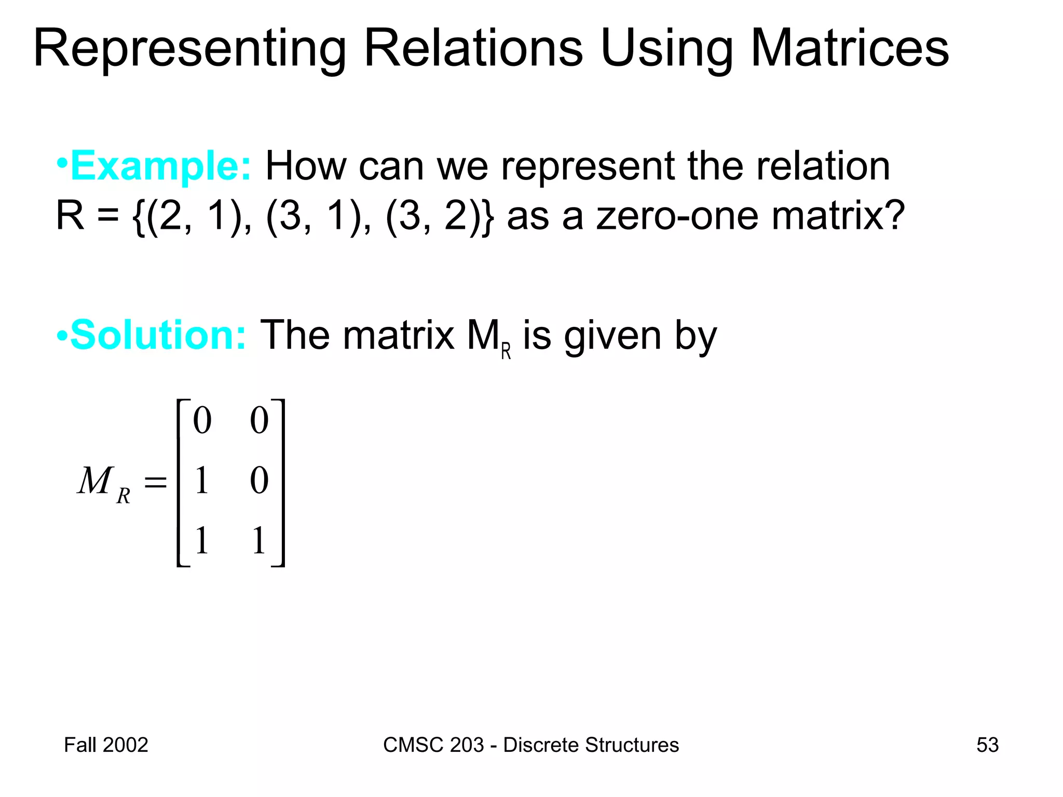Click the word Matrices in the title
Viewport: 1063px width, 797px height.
[850, 48]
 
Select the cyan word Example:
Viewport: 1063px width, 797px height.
[161, 166]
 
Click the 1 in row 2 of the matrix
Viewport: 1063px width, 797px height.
[202, 480]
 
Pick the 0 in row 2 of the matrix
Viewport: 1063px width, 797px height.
[259, 480]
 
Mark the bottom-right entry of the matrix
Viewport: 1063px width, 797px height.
[259, 541]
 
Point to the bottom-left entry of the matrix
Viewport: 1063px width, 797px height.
[202, 541]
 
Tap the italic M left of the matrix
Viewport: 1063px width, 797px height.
[95, 480]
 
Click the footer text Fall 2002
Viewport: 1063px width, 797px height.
[106, 745]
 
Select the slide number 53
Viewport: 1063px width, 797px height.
[987, 745]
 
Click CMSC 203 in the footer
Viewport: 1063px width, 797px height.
[433, 745]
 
